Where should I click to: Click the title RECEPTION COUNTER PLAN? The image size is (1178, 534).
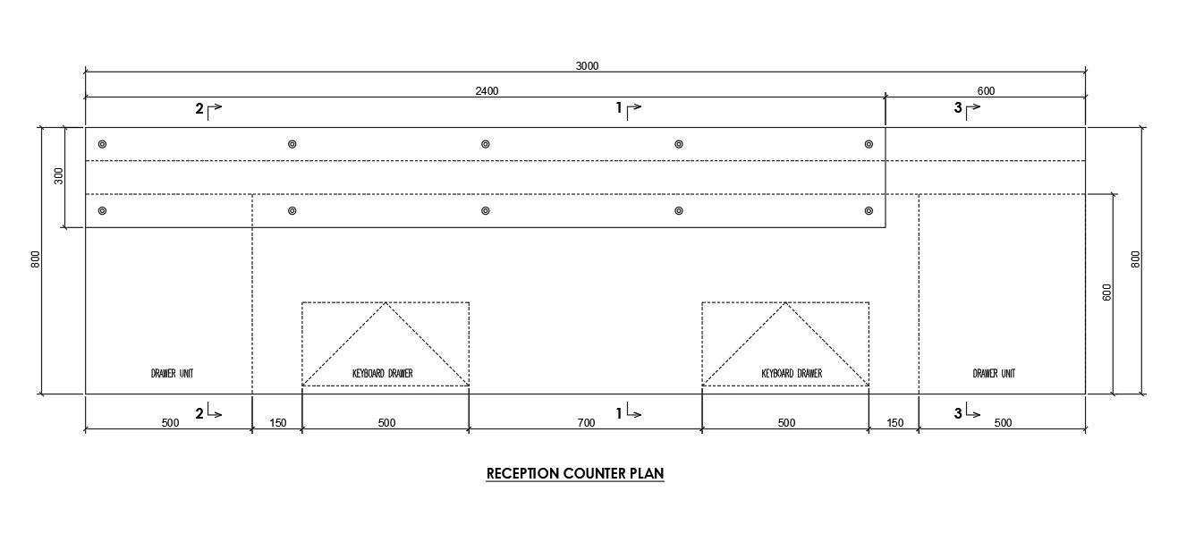575,474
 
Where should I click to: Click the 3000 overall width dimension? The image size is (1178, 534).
587,65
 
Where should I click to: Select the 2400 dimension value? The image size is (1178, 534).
487,90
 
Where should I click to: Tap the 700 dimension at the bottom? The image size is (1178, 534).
586,423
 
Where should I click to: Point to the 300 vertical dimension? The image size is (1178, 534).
59,176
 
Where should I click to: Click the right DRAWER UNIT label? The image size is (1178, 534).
994,373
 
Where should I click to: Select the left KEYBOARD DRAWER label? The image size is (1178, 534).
383,373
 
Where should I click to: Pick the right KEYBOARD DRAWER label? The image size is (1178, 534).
792,373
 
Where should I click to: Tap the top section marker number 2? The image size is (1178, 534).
199,109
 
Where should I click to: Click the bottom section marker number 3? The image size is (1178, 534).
958,413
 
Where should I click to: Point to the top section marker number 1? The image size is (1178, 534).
619,109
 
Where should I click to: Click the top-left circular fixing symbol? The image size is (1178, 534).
102,144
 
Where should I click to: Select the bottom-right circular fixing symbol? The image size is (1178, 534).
869,211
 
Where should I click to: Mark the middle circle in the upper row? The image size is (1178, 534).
485,144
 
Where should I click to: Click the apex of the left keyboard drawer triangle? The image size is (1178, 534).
386,303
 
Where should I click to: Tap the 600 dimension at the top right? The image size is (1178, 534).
986,90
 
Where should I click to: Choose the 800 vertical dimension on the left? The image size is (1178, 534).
36,259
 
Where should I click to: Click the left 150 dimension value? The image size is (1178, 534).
277,423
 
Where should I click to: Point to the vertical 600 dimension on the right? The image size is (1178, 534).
1106,292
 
